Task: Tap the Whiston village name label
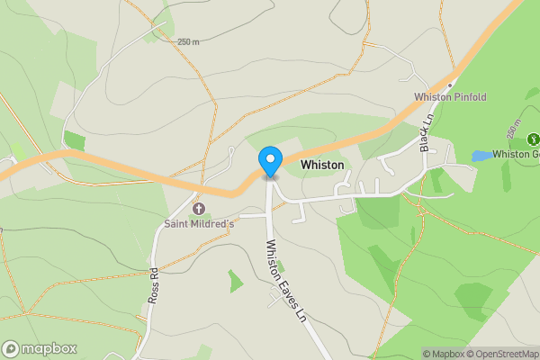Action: tap(322, 165)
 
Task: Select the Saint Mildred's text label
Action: tap(198, 222)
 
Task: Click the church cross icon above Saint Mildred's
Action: tap(198, 209)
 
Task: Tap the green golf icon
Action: tap(533, 139)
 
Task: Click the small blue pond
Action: tap(481, 156)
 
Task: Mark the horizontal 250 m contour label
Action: tap(187, 41)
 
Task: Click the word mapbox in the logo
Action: tap(49, 349)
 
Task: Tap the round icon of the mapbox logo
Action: tap(12, 349)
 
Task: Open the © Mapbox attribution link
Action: tap(443, 353)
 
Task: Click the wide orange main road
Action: tap(135, 170)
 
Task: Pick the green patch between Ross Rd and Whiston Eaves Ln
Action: tap(235, 282)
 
